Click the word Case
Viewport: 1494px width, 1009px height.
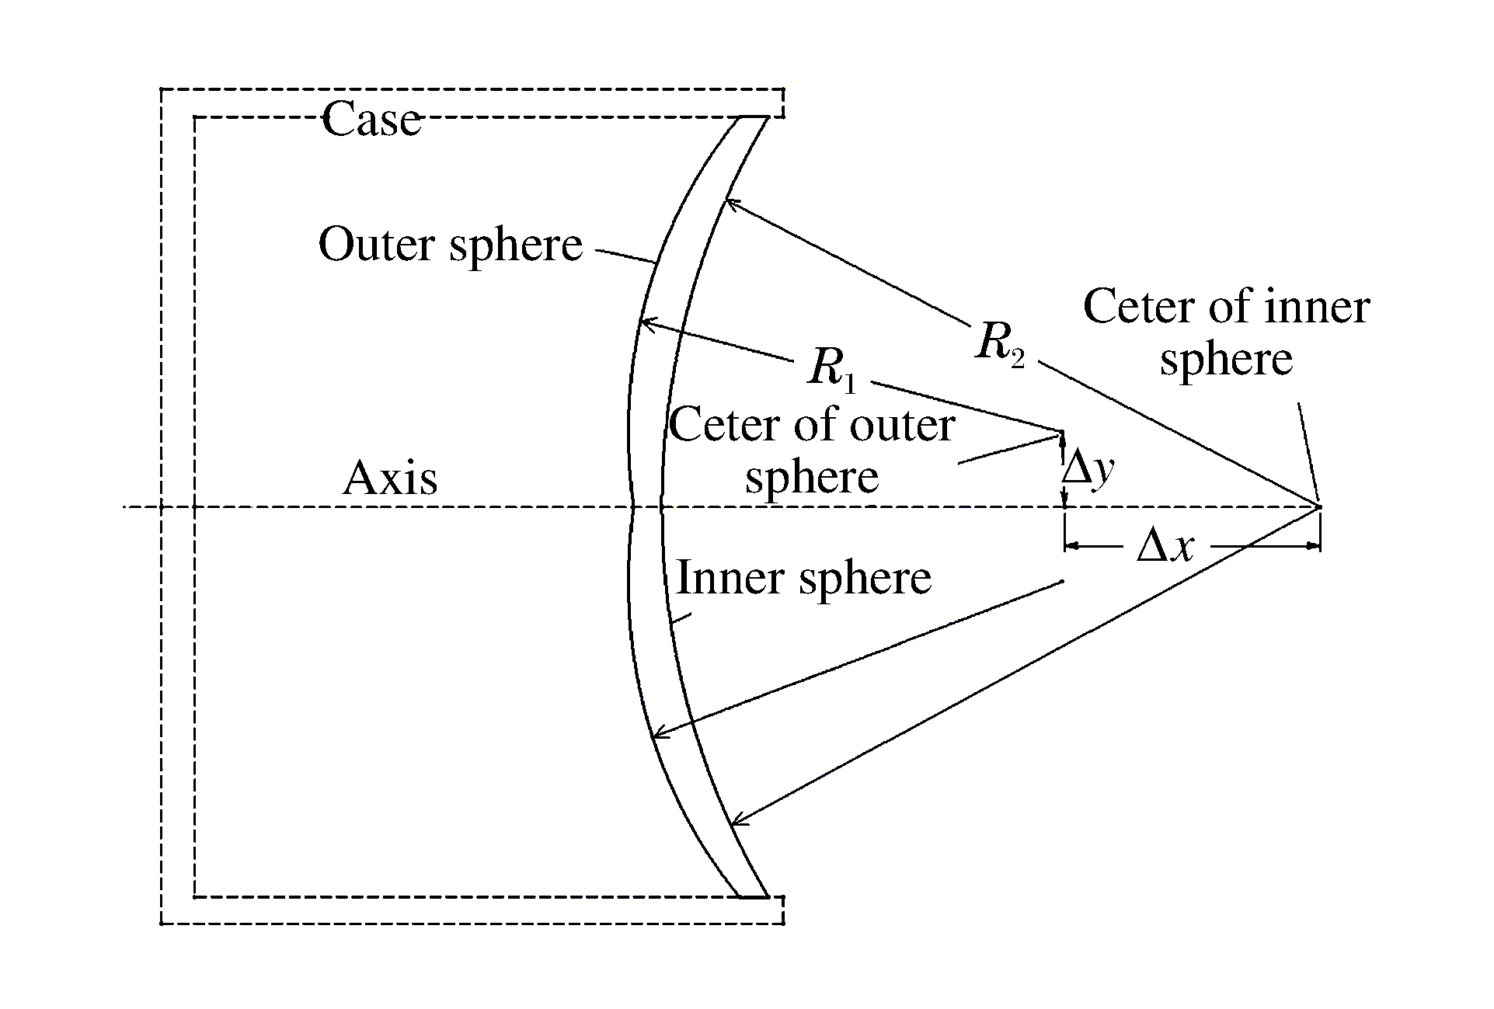[371, 120]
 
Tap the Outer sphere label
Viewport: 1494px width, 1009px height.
[450, 245]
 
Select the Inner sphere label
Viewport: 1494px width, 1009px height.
[803, 578]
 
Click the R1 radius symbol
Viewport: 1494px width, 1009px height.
[831, 367]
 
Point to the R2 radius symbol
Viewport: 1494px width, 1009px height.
[999, 343]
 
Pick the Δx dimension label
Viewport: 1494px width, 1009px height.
[1165, 547]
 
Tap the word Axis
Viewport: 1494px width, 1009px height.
[390, 478]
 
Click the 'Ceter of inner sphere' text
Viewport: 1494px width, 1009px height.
[1226, 332]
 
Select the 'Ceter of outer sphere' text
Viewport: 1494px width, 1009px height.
[812, 451]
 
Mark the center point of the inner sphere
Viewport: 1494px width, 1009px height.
[1318, 507]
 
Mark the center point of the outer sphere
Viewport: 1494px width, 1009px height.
[1061, 431]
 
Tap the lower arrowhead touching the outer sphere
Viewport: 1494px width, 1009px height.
[656, 734]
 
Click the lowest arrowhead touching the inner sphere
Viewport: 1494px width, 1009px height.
[737, 820]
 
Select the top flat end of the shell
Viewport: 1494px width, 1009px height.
[752, 117]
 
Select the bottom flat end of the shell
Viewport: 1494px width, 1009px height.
[752, 897]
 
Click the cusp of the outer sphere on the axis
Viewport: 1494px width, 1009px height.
[633, 508]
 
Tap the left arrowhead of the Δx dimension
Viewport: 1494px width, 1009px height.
[1069, 547]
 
